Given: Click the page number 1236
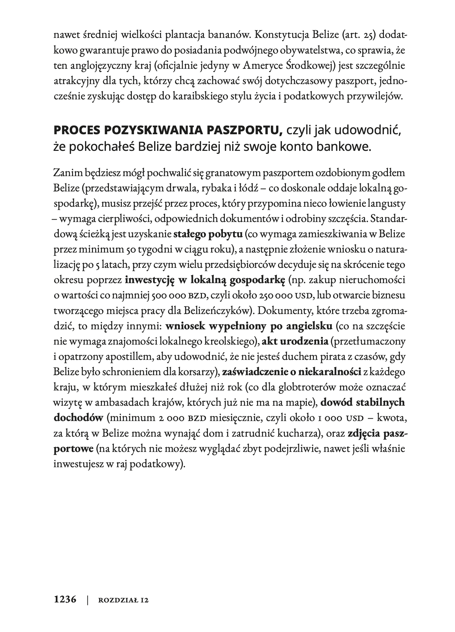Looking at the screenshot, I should [x=65, y=600].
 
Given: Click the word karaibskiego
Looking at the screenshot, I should [x=227, y=96].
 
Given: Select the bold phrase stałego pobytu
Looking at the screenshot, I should [x=208, y=234].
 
